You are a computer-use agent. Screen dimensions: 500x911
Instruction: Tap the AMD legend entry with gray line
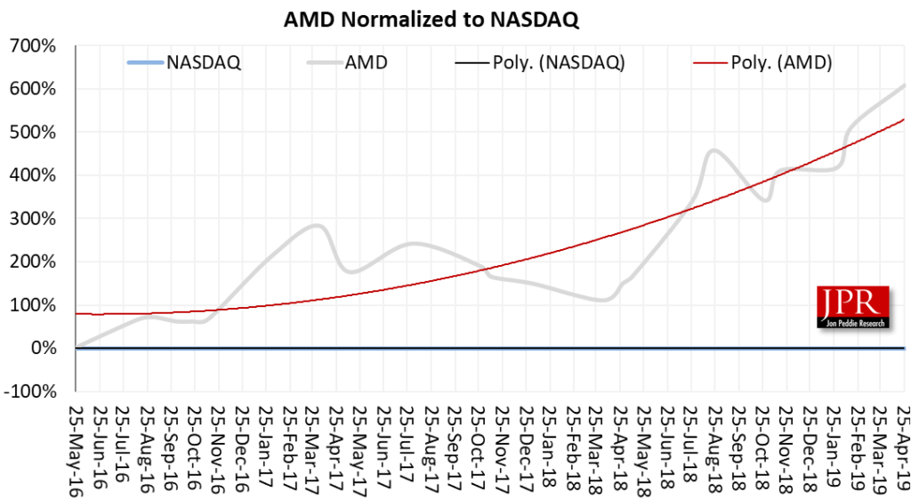point(361,62)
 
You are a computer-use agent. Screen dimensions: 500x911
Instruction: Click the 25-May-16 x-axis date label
point(76,445)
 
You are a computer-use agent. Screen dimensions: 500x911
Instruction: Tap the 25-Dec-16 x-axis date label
point(240,445)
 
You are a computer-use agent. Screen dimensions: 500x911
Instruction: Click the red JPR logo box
point(852,302)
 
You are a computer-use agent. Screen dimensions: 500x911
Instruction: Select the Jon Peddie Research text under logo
point(852,323)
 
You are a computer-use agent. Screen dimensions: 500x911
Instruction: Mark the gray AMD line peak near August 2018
point(714,150)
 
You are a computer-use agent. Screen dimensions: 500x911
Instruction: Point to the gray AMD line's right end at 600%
point(904,85)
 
